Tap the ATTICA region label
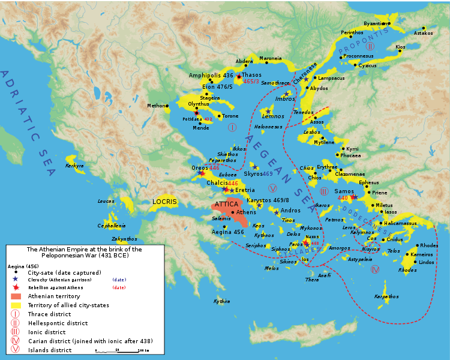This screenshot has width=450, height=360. click(226, 204)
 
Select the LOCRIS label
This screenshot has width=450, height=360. click(165, 202)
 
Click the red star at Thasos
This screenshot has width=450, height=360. click(239, 77)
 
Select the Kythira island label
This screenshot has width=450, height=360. click(221, 301)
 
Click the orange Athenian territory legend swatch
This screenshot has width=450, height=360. click(16, 296)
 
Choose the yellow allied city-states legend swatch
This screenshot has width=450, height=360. click(16, 304)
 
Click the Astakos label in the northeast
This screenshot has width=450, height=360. click(423, 34)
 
